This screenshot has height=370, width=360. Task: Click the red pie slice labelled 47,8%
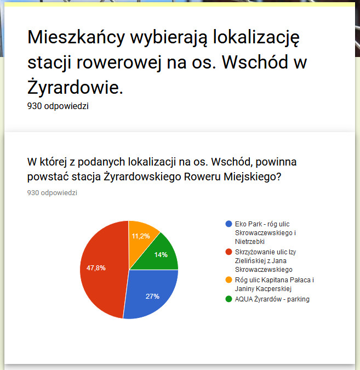[101, 274]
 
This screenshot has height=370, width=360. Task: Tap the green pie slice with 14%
[162, 253]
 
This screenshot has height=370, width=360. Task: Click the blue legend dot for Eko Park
[228, 224]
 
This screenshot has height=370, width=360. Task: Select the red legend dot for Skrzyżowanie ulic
[228, 252]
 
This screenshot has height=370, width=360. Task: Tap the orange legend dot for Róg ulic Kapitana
[228, 280]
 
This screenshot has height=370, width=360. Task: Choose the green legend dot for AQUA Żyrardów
[228, 299]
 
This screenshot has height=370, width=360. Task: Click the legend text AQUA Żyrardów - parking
[272, 299]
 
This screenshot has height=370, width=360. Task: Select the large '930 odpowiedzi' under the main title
[58, 106]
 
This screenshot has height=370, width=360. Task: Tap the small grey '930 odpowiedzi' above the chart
[52, 193]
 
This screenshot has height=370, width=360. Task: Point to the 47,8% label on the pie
[96, 268]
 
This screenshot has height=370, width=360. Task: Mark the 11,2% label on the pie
[141, 236]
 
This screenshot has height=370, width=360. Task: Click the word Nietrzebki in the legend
[249, 241]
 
